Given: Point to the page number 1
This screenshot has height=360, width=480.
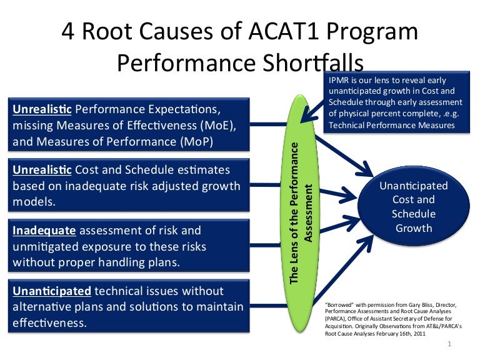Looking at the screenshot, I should pos(450,346).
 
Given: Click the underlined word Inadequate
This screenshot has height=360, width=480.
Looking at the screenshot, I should pos(42,231).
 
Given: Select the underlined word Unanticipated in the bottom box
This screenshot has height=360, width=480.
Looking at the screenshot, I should pos(52,292).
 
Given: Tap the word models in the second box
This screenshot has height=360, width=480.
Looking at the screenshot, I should pos(32,202).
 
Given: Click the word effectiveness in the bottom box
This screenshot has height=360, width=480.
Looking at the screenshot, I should pos(49,323).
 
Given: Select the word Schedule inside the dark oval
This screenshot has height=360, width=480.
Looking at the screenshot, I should pos(413,214).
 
